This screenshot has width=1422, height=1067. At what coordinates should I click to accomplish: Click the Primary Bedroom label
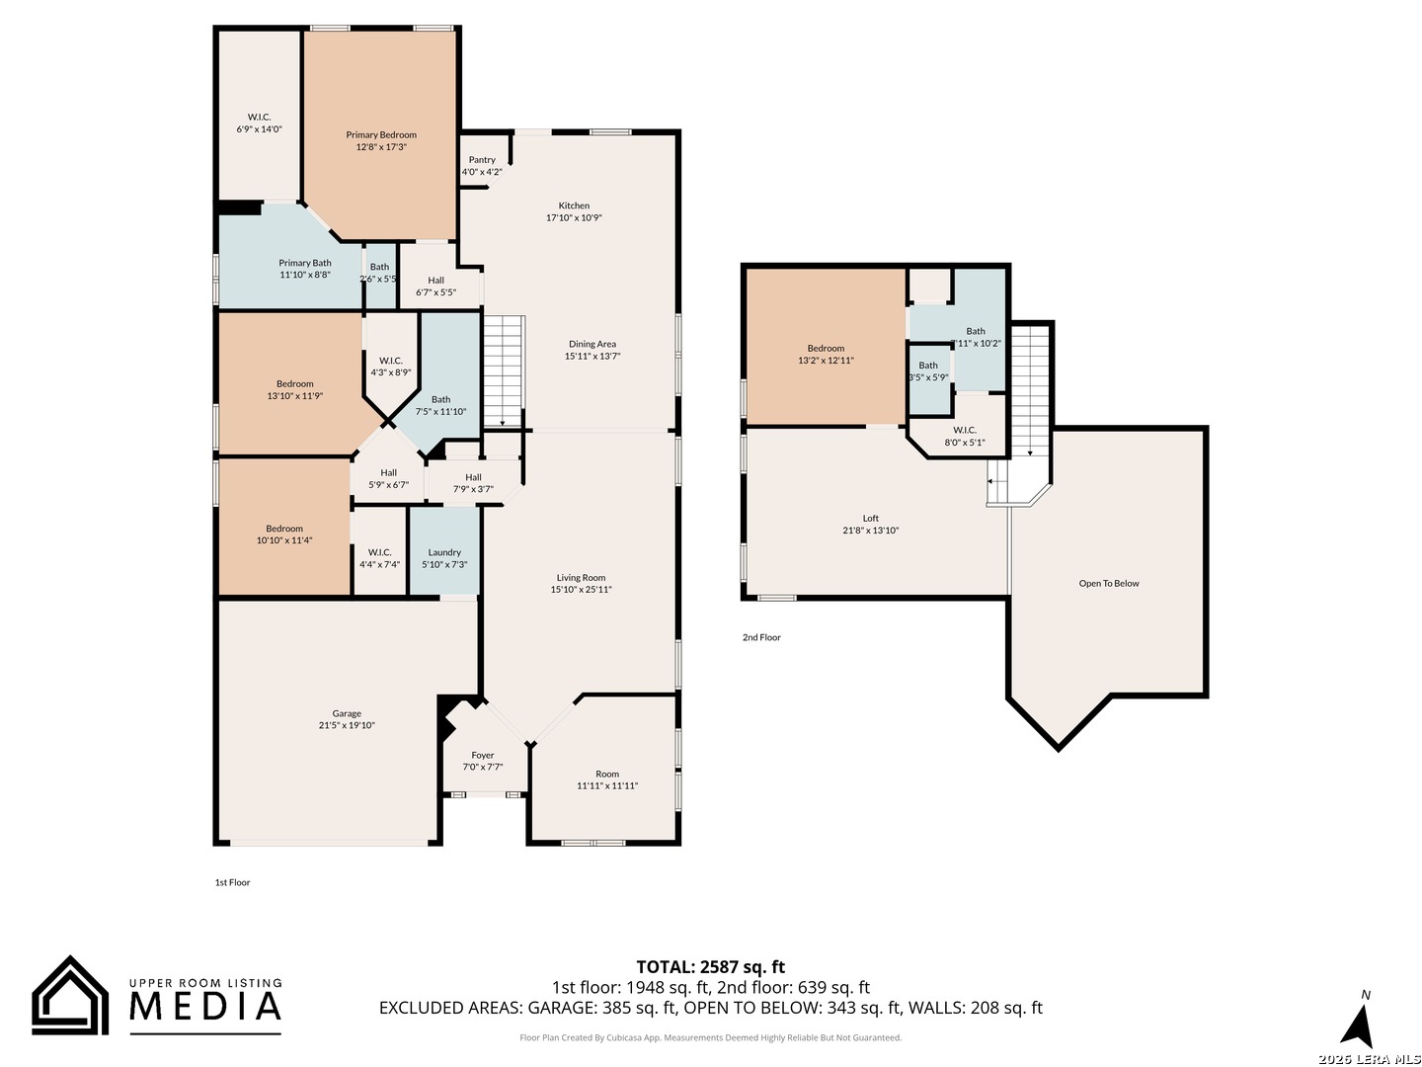[380, 134]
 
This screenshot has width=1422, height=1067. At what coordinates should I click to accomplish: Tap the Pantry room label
[481, 159]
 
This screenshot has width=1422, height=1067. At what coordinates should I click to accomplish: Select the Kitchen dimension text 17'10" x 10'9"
[574, 217]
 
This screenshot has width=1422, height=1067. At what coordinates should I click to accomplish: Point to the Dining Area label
[592, 344]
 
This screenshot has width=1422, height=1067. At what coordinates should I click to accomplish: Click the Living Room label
[581, 577]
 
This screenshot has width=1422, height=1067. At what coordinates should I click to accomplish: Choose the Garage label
[347, 713]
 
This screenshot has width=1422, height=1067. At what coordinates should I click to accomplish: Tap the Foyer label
[482, 755]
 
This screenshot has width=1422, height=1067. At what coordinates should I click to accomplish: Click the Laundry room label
[443, 552]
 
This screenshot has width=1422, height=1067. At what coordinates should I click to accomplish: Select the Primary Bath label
[304, 263]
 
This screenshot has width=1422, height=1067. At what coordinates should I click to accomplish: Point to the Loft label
[870, 518]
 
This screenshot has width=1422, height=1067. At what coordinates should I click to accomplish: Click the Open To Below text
[1108, 583]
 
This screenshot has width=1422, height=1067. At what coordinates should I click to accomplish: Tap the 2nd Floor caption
[761, 637]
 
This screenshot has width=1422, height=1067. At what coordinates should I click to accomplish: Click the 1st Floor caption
[232, 882]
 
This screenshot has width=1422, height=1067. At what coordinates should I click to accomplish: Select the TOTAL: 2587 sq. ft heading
[710, 966]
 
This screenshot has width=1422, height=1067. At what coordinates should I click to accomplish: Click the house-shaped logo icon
[70, 995]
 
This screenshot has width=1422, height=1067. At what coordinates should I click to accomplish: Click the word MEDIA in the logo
[205, 1006]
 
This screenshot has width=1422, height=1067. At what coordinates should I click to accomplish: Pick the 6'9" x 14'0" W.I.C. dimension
[259, 128]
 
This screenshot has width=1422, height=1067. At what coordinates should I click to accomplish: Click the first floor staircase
[504, 371]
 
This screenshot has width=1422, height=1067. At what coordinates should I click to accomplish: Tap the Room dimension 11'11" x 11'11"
[607, 785]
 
